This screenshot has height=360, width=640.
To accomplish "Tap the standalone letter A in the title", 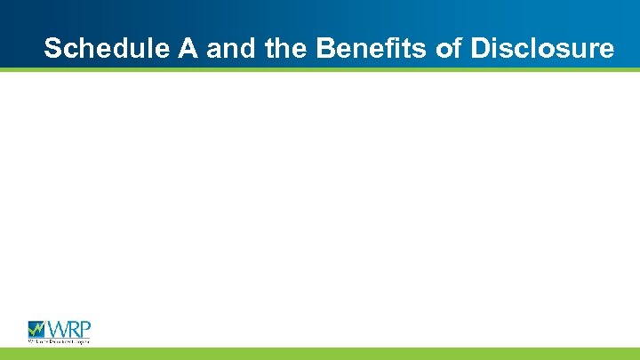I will pos(188,48).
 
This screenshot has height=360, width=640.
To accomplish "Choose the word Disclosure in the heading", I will pos(542,48).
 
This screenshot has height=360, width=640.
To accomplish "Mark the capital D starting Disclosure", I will pos(480,48).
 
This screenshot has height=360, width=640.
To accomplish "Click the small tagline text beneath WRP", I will pos(59,340).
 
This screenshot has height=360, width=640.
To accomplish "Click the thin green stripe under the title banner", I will pos(320,68).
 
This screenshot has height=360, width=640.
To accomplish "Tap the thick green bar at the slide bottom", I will pos(320,354).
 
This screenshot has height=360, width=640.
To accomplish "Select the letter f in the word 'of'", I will pos(454,48).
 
